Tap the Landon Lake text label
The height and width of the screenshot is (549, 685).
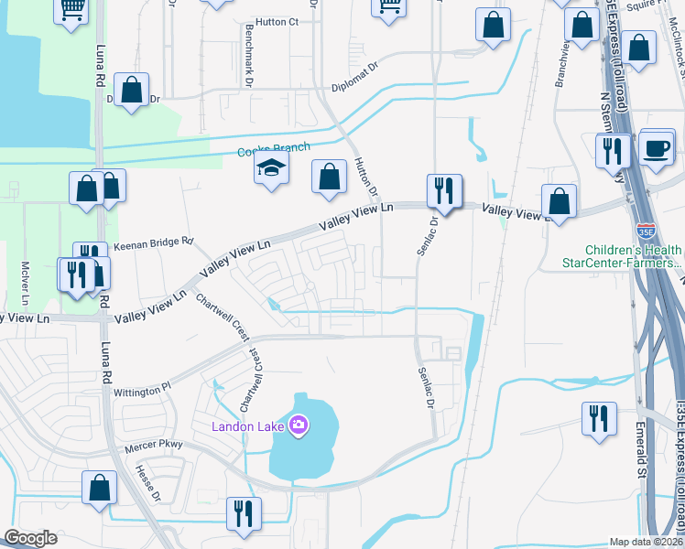(248, 425)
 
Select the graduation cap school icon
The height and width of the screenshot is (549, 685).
(271, 168)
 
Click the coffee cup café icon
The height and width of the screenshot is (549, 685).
(657, 148)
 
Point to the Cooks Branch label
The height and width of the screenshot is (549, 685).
(274, 148)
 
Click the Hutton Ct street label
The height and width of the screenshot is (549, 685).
(277, 23)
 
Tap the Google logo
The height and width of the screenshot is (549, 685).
(30, 537)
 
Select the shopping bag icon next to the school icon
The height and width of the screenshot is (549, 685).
(329, 177)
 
